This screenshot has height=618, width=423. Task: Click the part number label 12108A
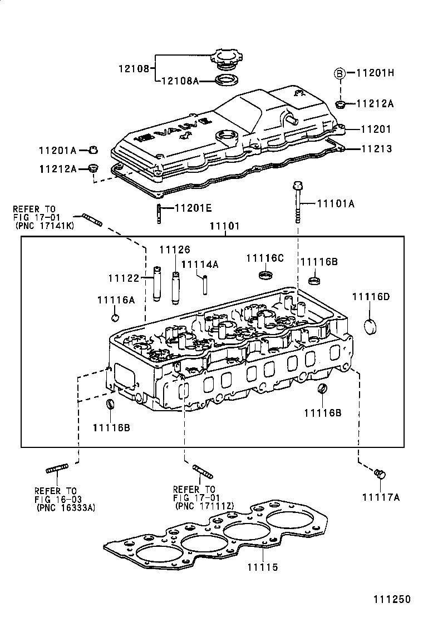point(179,81)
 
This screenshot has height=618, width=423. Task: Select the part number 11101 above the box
point(224,226)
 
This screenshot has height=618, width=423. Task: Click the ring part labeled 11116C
point(267,275)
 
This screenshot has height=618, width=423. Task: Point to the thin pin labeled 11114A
point(204,285)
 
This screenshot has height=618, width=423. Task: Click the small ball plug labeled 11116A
point(116,317)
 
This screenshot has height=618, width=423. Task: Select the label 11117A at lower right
point(381,497)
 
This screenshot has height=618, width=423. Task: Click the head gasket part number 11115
point(263,567)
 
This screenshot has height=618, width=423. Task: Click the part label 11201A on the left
point(57,150)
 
